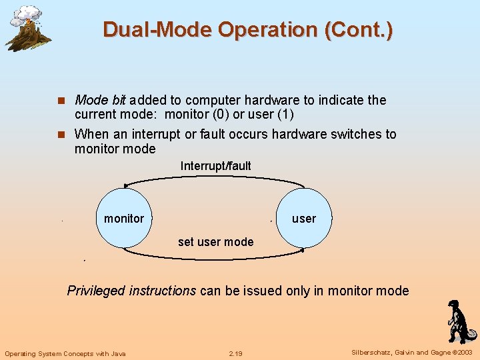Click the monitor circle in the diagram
pyautogui.click(x=124, y=218)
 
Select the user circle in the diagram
pyautogui.click(x=304, y=218)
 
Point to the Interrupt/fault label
pyautogui.click(x=215, y=165)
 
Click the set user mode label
pyautogui.click(x=215, y=241)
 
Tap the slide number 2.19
pyautogui.click(x=235, y=353)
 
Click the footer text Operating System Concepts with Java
pyautogui.click(x=65, y=353)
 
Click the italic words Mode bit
pyautogui.click(x=100, y=100)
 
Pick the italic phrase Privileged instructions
pyautogui.click(x=131, y=290)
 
